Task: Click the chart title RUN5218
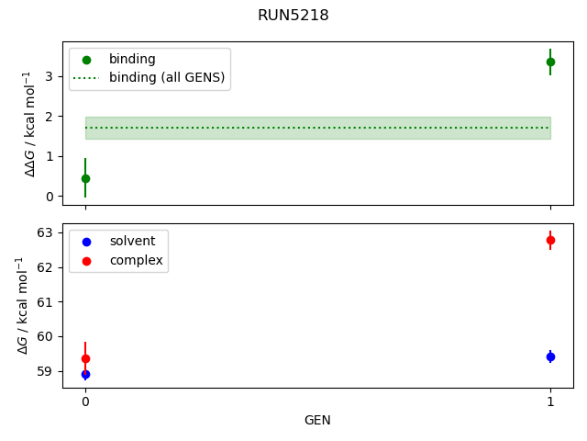tap(293, 16)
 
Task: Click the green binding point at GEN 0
tap(85, 178)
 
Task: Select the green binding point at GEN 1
tap(550, 62)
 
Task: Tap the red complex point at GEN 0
tap(85, 358)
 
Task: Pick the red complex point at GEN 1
tap(550, 240)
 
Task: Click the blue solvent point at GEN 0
tap(85, 374)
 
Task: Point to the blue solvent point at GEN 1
tap(550, 356)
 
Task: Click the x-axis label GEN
tap(317, 421)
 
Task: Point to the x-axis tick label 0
tap(85, 401)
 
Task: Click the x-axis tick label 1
tap(550, 401)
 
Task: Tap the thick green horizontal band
tap(317, 128)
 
